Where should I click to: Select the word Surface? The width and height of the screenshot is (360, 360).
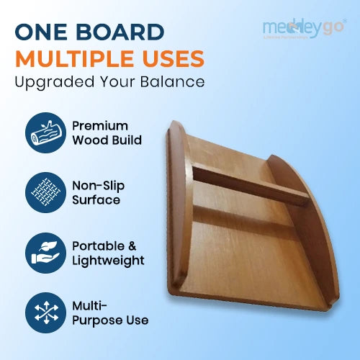click(x=96, y=199)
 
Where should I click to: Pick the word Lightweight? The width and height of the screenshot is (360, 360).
click(x=107, y=261)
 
